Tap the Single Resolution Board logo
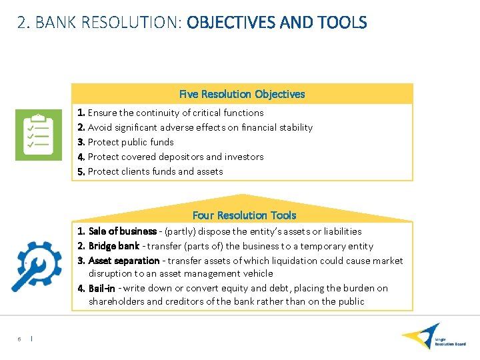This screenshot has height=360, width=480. click(433, 337)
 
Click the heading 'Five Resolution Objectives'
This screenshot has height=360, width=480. click(242, 94)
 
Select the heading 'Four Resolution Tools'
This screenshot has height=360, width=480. click(244, 215)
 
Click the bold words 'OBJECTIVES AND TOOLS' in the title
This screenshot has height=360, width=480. click(277, 23)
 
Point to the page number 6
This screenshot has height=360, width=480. click(19, 339)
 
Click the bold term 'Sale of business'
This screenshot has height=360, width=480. click(123, 231)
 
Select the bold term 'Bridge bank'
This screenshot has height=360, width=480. click(114, 246)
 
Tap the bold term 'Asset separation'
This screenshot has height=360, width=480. click(124, 261)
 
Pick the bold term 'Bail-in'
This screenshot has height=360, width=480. click(101, 288)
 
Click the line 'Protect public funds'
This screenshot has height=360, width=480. click(131, 142)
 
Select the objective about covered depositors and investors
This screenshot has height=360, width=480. click(175, 157)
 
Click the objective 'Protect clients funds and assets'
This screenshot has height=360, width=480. click(155, 171)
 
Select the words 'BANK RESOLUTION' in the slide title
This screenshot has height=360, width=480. click(107, 23)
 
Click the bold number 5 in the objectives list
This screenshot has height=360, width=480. click(81, 171)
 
